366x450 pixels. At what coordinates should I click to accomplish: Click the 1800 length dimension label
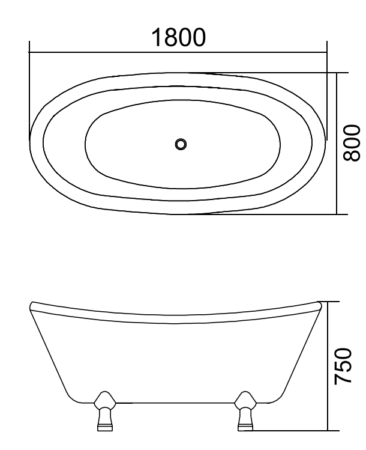tap(178, 37)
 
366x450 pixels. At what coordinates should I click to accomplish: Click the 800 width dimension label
tap(352, 143)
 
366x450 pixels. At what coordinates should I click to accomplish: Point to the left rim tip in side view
tap(31, 306)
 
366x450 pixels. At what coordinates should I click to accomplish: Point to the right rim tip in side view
tap(320, 305)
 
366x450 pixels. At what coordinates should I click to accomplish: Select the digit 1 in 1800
tap(157, 37)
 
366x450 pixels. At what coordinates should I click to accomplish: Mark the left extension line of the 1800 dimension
tap(29, 90)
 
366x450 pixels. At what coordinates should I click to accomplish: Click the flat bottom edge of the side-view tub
tap(174, 402)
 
